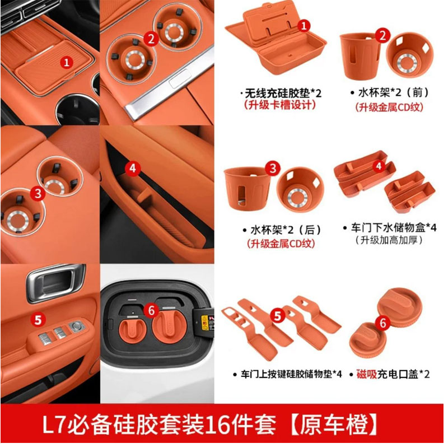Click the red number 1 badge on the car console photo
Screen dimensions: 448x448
[67, 62]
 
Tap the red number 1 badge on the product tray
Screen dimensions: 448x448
[303, 25]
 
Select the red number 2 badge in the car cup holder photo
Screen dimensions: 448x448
[150, 38]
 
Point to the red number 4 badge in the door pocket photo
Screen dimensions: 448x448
[132, 167]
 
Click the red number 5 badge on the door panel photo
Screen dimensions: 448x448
[38, 320]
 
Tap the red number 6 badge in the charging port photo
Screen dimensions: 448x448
[149, 309]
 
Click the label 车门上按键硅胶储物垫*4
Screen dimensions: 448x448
[285, 374]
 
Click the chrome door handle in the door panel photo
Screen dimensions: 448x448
[57, 283]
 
